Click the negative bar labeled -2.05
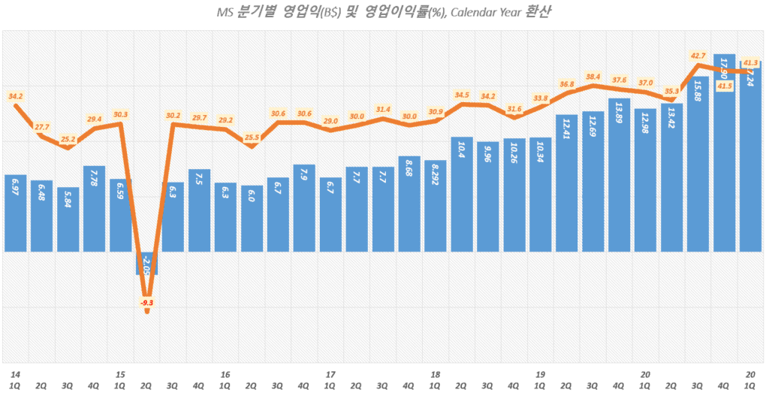tap(147, 263)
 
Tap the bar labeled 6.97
tap(16, 213)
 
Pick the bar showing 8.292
tap(436, 205)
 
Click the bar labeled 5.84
tap(68, 219)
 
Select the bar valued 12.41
tap(567, 183)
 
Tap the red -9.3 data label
tap(147, 302)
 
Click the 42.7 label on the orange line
tap(698, 56)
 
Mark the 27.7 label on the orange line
tap(42, 128)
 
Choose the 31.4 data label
tap(383, 110)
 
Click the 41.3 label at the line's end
tap(749, 64)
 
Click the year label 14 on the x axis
tap(16, 373)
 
